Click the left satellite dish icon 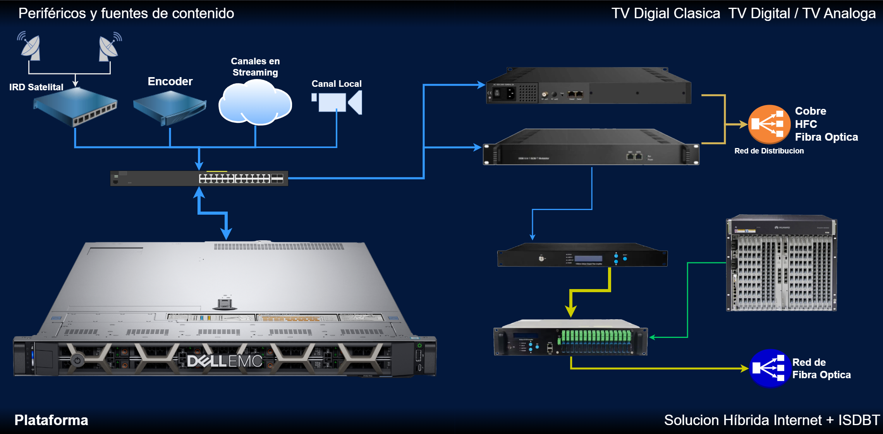(x=29, y=47)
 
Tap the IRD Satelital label (x=36, y=87)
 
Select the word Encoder (x=170, y=81)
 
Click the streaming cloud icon (x=255, y=103)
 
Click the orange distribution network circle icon (x=769, y=124)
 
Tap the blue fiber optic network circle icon (x=769, y=368)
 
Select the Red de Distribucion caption (x=769, y=151)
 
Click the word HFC (x=806, y=124)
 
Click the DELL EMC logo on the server (x=225, y=361)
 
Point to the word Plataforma (x=51, y=420)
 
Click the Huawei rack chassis (x=781, y=263)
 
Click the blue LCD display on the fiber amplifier (x=588, y=258)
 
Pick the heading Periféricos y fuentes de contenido (x=126, y=14)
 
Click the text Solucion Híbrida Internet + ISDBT (x=772, y=420)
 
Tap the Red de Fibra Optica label (x=821, y=369)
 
